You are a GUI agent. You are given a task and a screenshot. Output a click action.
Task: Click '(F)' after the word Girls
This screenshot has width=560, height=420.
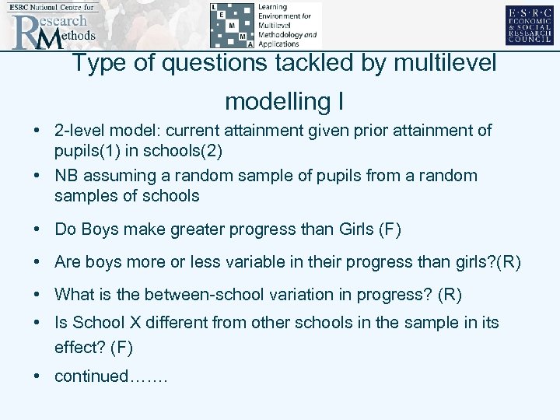390,229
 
